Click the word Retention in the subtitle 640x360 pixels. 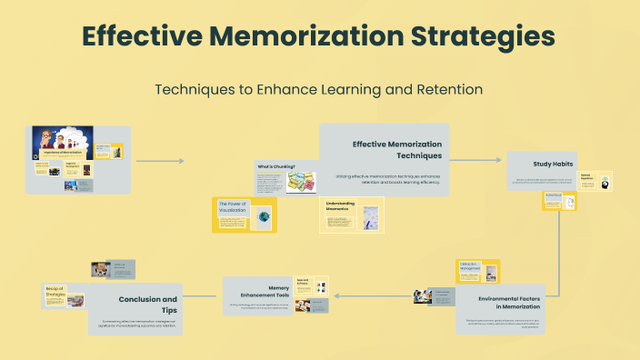(x=449, y=90)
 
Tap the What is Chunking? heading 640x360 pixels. (x=275, y=166)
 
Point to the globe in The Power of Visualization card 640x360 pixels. (x=264, y=217)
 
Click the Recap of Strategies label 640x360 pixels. (x=55, y=293)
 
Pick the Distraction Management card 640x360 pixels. (x=470, y=268)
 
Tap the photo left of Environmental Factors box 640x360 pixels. (x=423, y=295)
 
